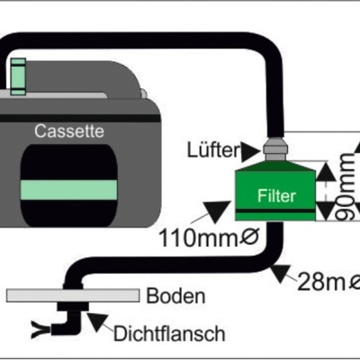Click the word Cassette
click(68, 131)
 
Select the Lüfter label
click(212, 147)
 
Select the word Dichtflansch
click(169, 334)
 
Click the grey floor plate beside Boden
click(73, 295)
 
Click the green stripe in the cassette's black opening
click(68, 191)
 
